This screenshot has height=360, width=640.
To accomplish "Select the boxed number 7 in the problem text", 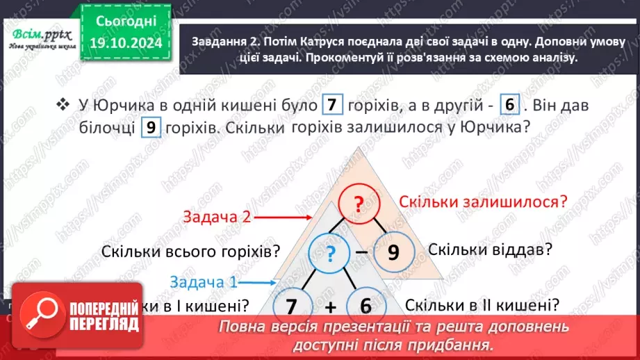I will point(333,106).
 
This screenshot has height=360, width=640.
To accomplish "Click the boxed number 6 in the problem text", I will point(509,106).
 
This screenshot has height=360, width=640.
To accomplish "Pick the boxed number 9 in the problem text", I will point(151,128).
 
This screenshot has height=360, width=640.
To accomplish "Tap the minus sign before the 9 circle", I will point(362,252).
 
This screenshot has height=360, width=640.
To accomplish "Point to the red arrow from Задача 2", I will point(281,216).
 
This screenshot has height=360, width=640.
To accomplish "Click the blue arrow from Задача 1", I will point(257,282).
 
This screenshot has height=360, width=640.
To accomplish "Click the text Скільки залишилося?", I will point(484,202).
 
